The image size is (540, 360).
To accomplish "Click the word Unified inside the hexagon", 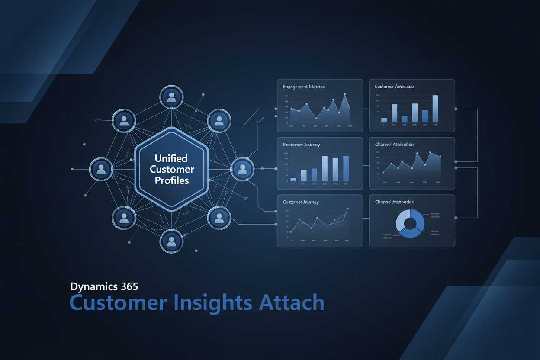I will point(172,158).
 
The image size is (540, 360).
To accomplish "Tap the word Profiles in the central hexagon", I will point(172,180).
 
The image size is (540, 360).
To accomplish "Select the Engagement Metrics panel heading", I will point(303,87).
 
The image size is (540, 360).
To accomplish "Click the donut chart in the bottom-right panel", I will point(411,223).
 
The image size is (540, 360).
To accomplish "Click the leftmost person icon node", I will point(101,168).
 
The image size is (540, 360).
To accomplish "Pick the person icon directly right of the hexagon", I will point(242,168).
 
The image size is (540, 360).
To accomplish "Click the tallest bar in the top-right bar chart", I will point(435,109).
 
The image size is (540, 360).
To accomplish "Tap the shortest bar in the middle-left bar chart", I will point(293,179).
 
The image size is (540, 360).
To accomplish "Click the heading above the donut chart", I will point(394,202).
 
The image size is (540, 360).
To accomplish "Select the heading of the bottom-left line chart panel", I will point(301,202).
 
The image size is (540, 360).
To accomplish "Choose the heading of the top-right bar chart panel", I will point(394,87).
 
